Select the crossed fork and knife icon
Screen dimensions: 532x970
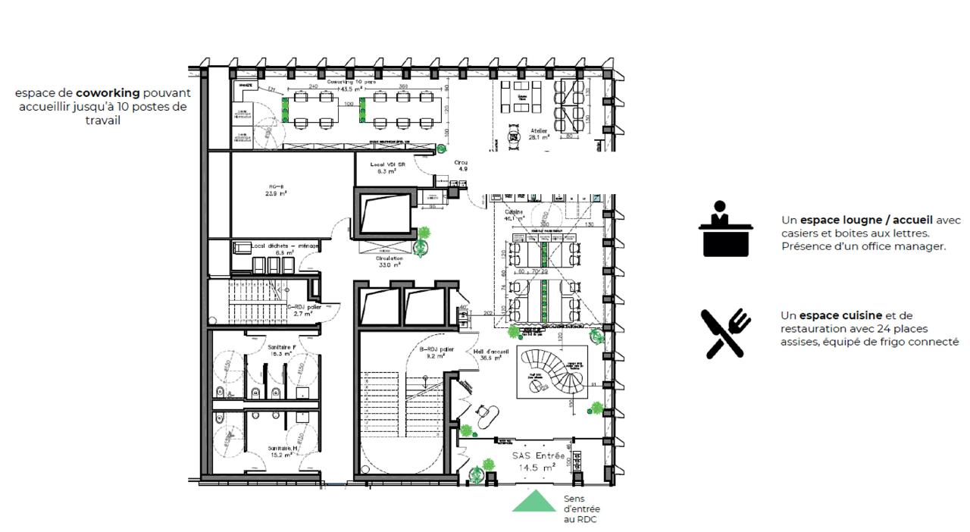click(x=725, y=333)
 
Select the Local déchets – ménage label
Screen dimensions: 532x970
click(x=285, y=246)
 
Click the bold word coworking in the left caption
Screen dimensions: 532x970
click(x=108, y=92)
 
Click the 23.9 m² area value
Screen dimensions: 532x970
click(x=276, y=194)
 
